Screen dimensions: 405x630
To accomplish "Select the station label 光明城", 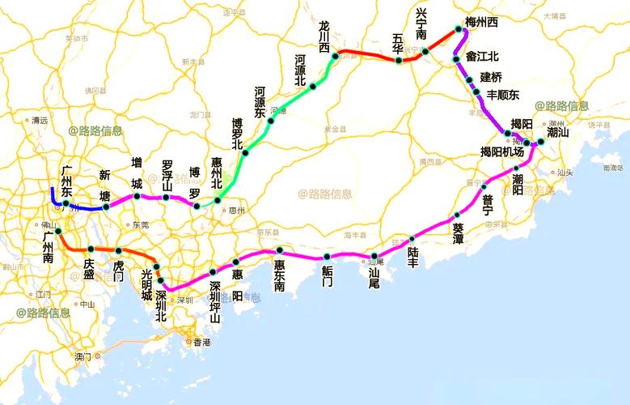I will coord(146,285).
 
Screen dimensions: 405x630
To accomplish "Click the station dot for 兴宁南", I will coord(425,52).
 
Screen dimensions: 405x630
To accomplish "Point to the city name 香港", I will coord(201,343).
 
